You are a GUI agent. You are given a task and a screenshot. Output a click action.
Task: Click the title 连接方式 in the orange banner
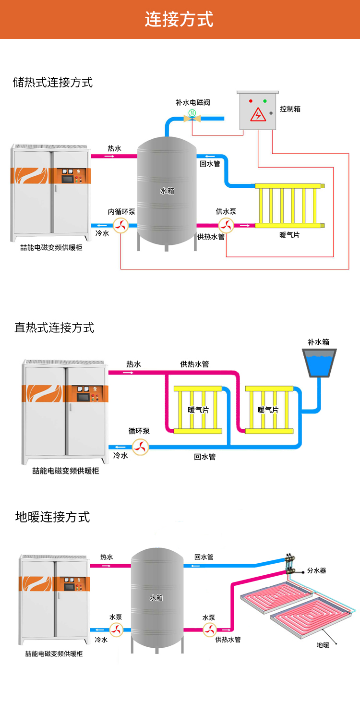pyautogui.click(x=179, y=20)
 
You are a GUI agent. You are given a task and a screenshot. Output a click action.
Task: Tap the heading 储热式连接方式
pyautogui.click(x=53, y=82)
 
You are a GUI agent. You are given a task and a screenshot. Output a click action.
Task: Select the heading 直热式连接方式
pyautogui.click(x=54, y=328)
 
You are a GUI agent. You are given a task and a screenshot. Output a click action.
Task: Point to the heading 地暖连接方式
pyautogui.click(x=53, y=517)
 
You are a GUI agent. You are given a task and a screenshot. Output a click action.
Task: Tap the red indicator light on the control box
pyautogui.click(x=250, y=101)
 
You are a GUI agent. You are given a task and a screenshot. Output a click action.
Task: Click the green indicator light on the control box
pyautogui.click(x=264, y=101)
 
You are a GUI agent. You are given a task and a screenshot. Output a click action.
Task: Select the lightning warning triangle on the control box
pyautogui.click(x=258, y=116)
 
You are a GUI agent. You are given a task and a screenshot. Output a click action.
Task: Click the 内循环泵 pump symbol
pyautogui.click(x=120, y=225)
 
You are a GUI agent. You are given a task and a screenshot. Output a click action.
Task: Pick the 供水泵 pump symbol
pyautogui.click(x=226, y=225)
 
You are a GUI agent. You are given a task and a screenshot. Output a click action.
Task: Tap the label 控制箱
pyautogui.click(x=290, y=109)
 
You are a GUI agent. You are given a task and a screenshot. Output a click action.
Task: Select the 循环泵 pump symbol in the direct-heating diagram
pyautogui.click(x=141, y=447)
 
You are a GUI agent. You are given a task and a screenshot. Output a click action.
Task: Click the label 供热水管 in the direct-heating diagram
pyautogui.click(x=194, y=364)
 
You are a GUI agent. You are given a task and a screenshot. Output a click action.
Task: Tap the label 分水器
pyautogui.click(x=317, y=570)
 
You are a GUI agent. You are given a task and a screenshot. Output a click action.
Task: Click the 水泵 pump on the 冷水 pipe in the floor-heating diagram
pyautogui.click(x=116, y=629)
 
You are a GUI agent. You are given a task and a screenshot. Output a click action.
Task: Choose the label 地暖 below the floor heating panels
pyautogui.click(x=323, y=645)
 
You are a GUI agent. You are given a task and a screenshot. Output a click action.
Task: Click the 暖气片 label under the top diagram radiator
pyautogui.click(x=289, y=235)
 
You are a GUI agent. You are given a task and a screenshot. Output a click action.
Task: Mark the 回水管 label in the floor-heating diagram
pyautogui.click(x=204, y=557)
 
